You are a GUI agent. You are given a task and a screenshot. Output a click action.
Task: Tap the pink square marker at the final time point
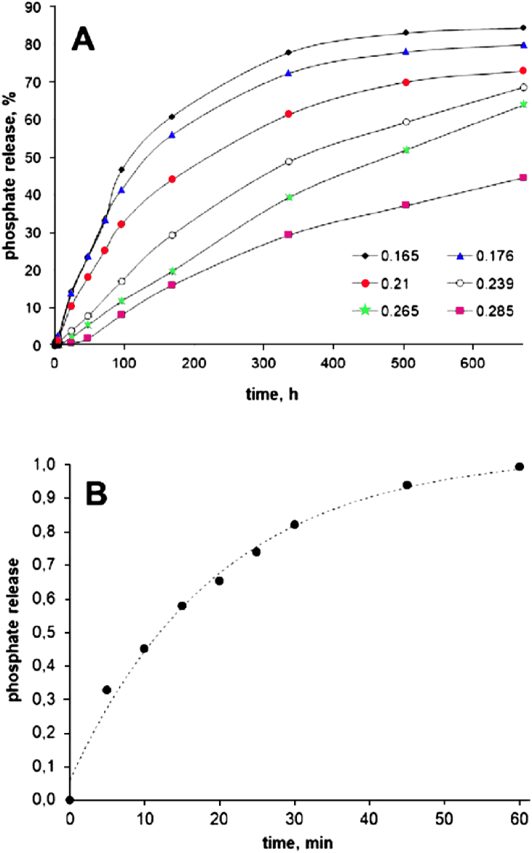click(522, 177)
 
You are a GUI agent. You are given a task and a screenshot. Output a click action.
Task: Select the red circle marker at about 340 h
click(289, 114)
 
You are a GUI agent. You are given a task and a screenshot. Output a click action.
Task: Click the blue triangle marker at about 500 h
click(405, 52)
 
